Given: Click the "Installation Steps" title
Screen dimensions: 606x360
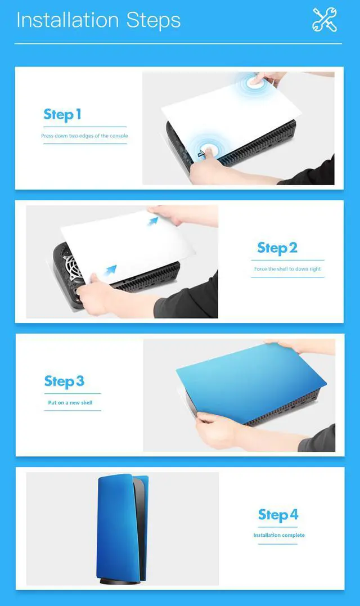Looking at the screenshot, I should pyautogui.click(x=98, y=20).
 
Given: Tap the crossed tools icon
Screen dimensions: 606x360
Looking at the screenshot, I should pyautogui.click(x=325, y=20).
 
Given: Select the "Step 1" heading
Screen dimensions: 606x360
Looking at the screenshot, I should pyautogui.click(x=62, y=115).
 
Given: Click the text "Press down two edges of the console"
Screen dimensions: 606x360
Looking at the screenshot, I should pyautogui.click(x=84, y=136).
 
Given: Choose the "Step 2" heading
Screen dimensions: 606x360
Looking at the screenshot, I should pyautogui.click(x=277, y=248).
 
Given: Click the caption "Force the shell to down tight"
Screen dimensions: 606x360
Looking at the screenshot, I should pyautogui.click(x=287, y=269).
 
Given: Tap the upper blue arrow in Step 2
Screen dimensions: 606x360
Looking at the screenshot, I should pyautogui.click(x=153, y=221).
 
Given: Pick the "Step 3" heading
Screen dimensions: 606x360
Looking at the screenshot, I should pyautogui.click(x=64, y=381).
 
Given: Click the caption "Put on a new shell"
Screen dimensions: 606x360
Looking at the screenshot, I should pyautogui.click(x=70, y=403).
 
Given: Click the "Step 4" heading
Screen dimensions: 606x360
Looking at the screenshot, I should pyautogui.click(x=278, y=515).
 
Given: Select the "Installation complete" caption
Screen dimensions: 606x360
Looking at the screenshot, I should pyautogui.click(x=279, y=535).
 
